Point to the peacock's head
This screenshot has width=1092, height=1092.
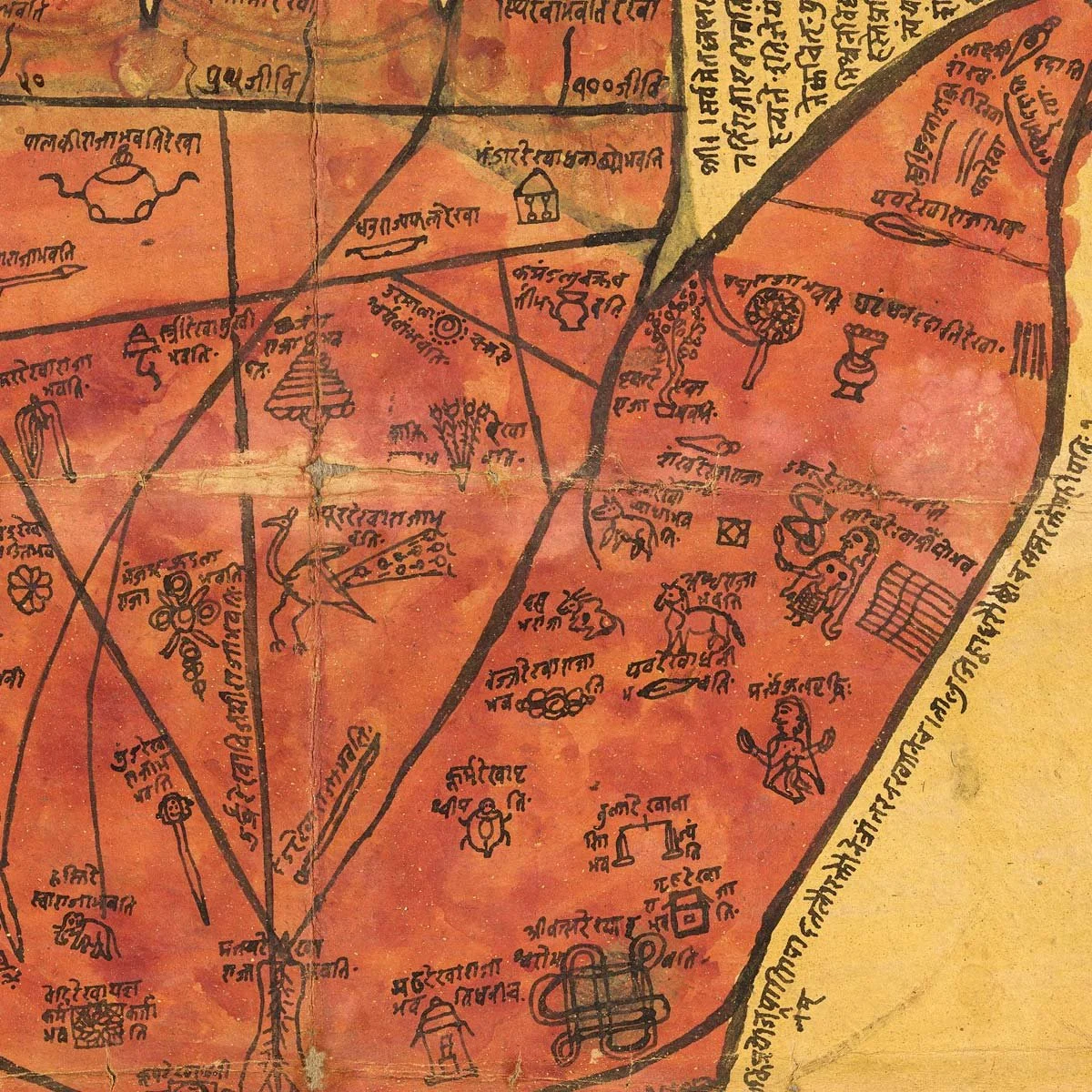(x=289, y=519)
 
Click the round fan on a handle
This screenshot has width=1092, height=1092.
(x=762, y=315)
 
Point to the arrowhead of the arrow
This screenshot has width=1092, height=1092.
(x=73, y=269)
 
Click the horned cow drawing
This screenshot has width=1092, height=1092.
(x=590, y=612)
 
